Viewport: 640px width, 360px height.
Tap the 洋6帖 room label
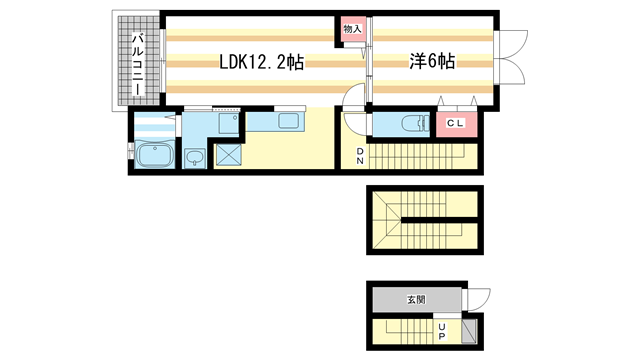tap(431, 62)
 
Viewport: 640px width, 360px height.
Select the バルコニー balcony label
tap(133, 62)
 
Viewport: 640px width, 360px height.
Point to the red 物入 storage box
tap(352, 29)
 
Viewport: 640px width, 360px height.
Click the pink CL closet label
tap(456, 123)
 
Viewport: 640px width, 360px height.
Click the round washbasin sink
tap(193, 156)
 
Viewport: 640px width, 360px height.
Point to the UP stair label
tap(441, 328)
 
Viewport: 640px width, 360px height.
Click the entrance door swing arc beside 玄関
tap(477, 299)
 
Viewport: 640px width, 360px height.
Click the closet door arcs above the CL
tap(456, 104)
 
